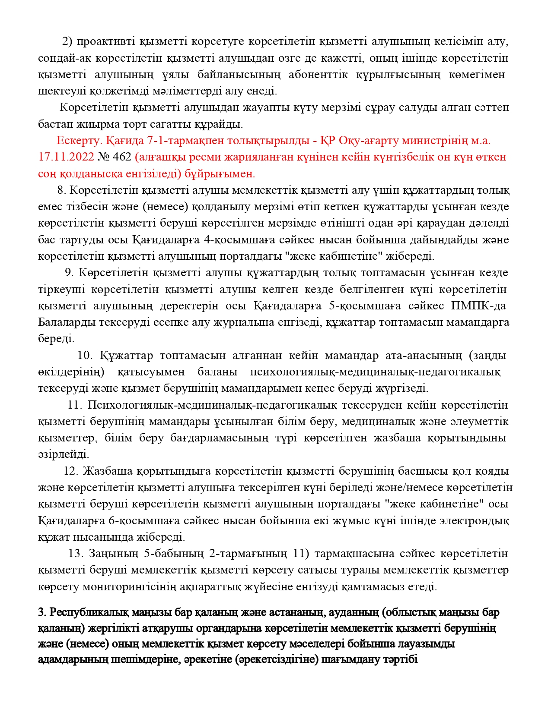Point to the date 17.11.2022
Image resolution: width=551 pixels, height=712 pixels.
click(66, 157)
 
